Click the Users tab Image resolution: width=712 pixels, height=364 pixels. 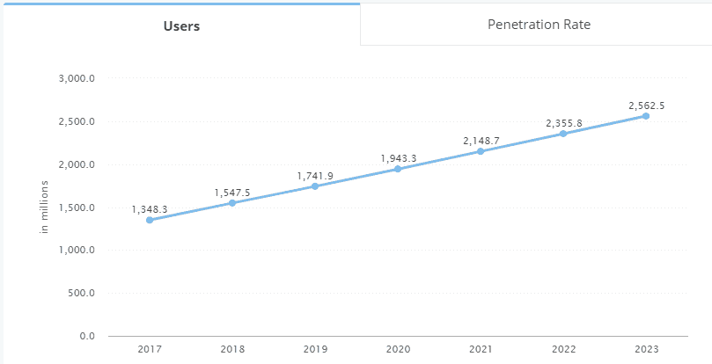click(x=181, y=25)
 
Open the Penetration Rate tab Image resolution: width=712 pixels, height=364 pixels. click(x=539, y=25)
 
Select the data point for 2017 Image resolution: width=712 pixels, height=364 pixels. click(x=150, y=220)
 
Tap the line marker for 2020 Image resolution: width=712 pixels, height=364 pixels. click(x=398, y=169)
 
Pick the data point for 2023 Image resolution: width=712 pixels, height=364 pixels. click(x=646, y=116)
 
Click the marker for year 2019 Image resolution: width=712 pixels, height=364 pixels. click(x=315, y=186)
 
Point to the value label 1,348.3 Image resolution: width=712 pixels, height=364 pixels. click(x=150, y=209)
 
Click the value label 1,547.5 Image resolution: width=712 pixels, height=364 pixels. click(x=232, y=193)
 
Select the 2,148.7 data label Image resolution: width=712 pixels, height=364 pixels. click(x=481, y=141)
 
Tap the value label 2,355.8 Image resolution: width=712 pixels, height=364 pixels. click(x=563, y=123)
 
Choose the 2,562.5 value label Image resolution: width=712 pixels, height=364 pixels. click(x=646, y=106)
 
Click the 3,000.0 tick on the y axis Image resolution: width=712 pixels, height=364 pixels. click(x=77, y=78)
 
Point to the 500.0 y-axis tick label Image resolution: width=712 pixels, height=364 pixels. click(x=81, y=293)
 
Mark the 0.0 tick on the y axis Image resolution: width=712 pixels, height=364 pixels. click(x=86, y=337)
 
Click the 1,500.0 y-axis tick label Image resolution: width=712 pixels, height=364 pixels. click(x=77, y=207)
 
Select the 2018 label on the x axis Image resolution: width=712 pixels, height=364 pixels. click(x=232, y=349)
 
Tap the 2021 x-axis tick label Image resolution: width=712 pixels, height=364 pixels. click(x=481, y=349)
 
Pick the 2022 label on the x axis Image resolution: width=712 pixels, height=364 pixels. click(x=563, y=349)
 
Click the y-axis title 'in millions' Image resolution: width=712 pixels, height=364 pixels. click(x=44, y=207)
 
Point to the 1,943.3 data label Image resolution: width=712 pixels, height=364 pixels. click(x=398, y=158)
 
